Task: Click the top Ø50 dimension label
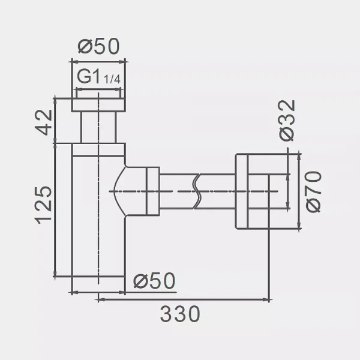point(99,46)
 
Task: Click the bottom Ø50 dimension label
point(154,281)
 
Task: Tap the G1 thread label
point(89,76)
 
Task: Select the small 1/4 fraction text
point(112,79)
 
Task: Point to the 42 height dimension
point(44,122)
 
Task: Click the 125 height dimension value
point(43,205)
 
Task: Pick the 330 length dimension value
point(180,314)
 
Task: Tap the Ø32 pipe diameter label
point(287,121)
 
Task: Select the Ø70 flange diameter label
point(314,192)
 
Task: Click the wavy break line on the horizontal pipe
point(197,191)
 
